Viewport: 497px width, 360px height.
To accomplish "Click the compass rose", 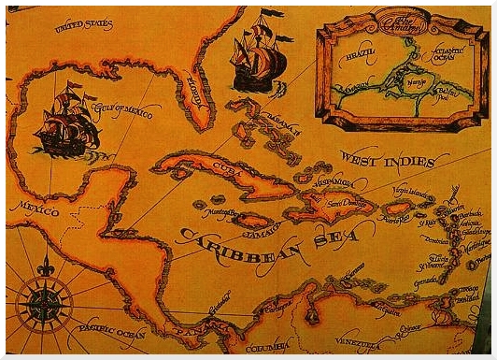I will pyautogui.click(x=44, y=302).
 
